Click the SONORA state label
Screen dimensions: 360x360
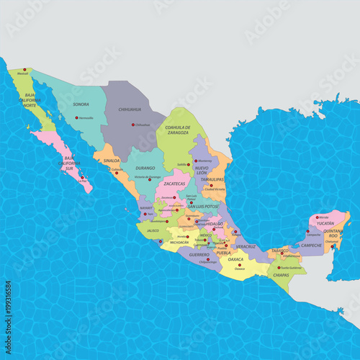click(x=81, y=104)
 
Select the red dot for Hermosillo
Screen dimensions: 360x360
click(x=78, y=117)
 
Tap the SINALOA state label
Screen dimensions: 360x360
click(x=112, y=161)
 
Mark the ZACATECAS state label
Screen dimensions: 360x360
click(x=174, y=184)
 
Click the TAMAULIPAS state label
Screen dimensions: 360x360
click(x=214, y=179)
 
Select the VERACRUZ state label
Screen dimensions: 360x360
click(x=246, y=246)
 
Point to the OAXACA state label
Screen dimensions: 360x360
click(x=235, y=258)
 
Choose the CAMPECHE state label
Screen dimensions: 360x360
click(x=311, y=245)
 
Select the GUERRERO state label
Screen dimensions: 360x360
click(x=199, y=254)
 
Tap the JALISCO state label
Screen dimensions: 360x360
click(x=153, y=230)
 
